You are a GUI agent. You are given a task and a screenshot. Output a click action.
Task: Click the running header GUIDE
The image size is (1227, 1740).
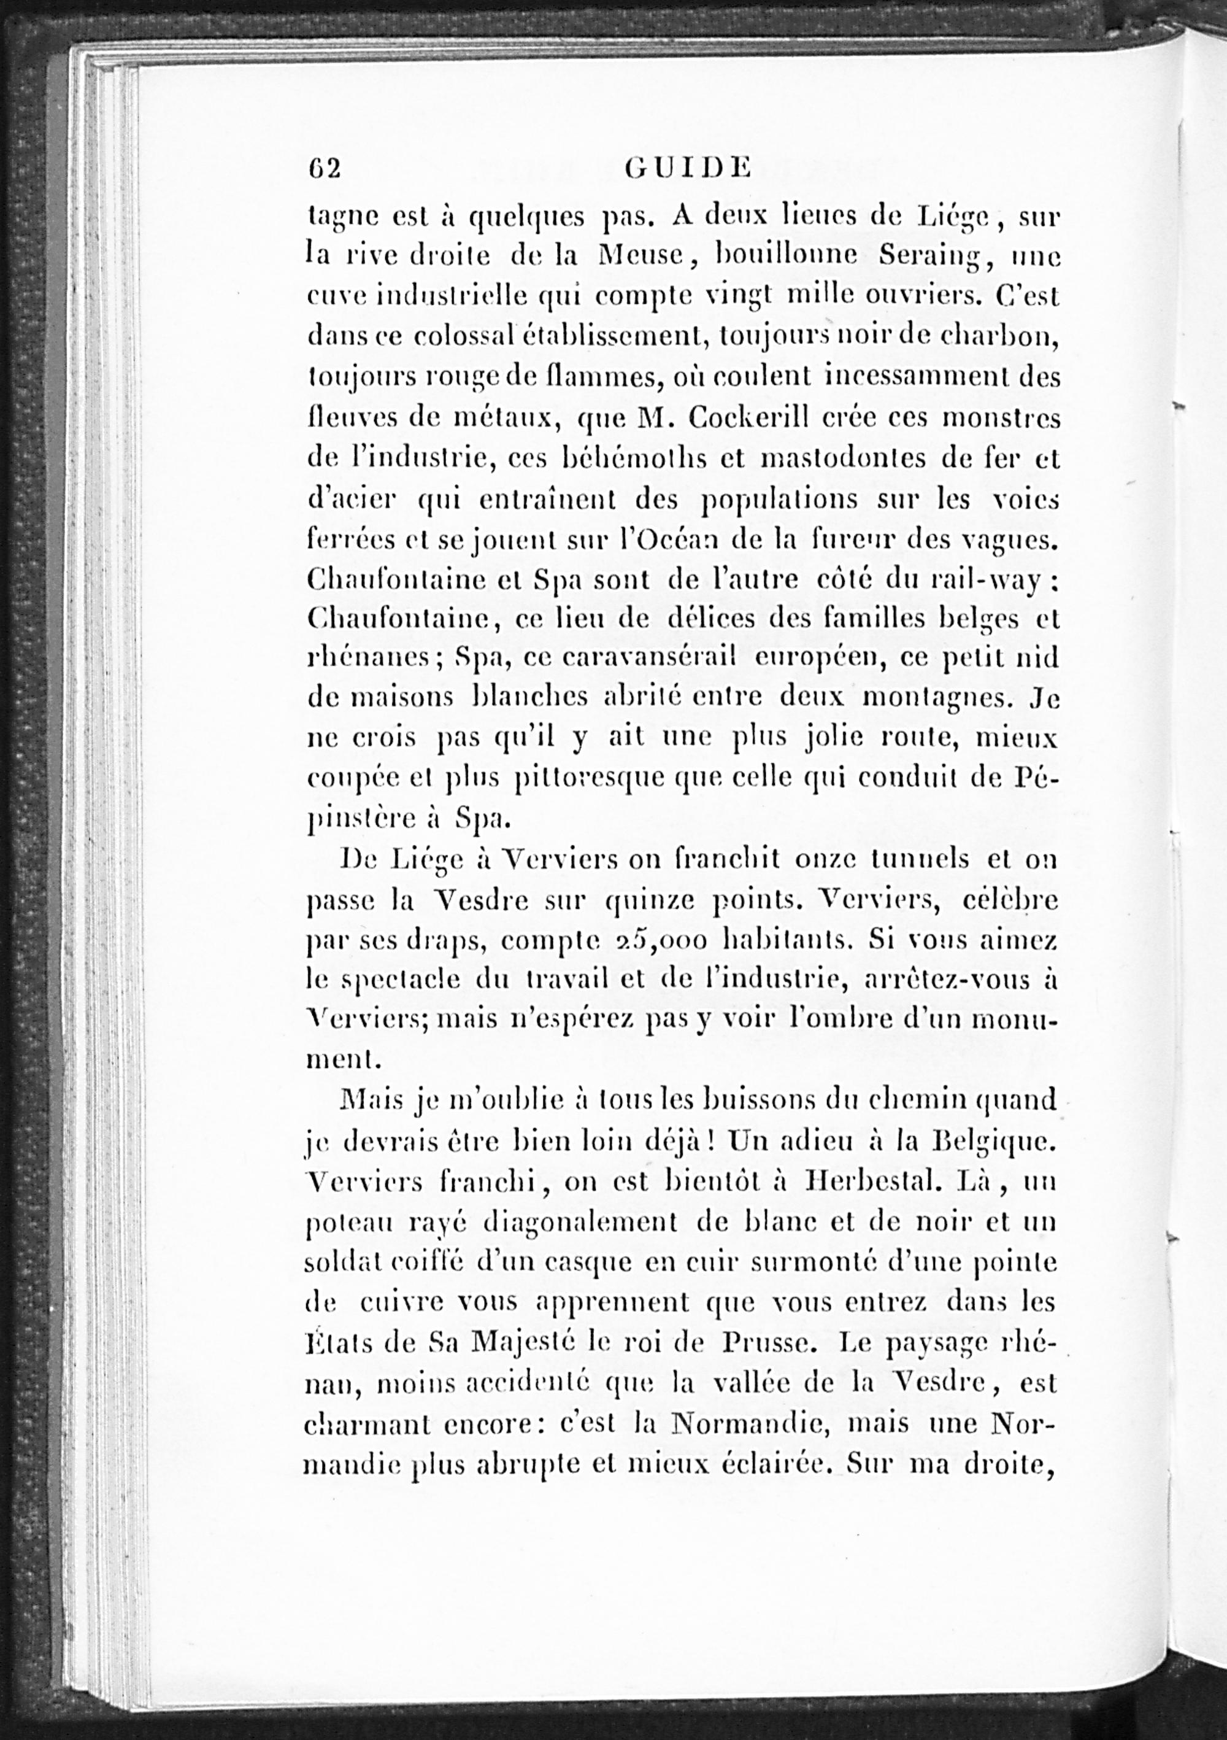[688, 168]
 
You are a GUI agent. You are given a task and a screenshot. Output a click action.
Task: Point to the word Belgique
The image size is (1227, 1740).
[994, 1142]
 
